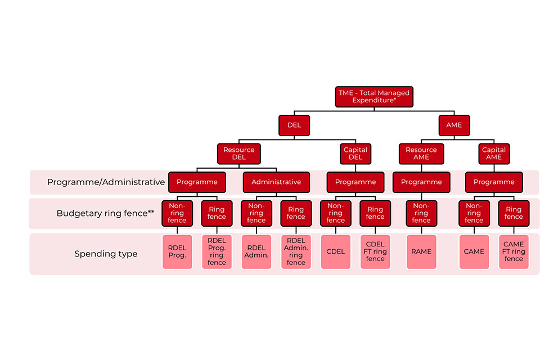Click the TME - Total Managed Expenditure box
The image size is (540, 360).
374,96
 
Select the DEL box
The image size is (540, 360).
294,125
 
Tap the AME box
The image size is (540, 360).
454,125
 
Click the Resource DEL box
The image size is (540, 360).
238,154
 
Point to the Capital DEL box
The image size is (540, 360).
355,154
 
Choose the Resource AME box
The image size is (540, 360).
421,154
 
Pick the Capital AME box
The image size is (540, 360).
494,154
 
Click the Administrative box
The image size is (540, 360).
276,182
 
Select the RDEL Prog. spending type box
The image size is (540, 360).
177,251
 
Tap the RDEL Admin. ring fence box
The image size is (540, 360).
296,251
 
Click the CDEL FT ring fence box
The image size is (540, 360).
375,251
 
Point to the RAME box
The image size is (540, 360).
421,251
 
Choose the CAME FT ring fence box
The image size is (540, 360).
514,251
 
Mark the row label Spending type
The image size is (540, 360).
106,254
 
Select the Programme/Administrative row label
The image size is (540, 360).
106,182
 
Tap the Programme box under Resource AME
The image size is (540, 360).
421,182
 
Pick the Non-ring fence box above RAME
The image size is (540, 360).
421,213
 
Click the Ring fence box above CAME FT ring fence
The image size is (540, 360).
514,213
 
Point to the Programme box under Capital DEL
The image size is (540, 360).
355,182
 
